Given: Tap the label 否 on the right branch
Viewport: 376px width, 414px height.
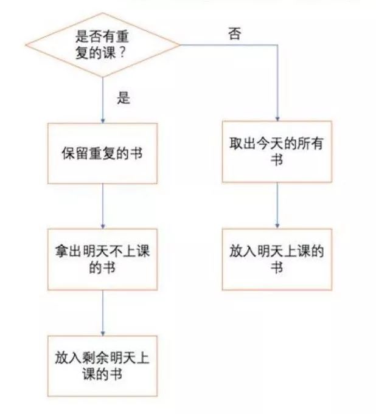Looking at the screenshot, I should [x=234, y=33].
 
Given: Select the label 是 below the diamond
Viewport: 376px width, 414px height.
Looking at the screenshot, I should [x=124, y=98].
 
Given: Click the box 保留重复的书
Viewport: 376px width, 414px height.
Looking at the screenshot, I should [x=103, y=153].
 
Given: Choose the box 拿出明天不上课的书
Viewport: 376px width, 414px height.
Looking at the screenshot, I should [x=103, y=258].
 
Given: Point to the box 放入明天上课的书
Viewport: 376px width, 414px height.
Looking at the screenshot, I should [x=277, y=259].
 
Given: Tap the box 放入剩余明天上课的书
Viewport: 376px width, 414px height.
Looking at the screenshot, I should [x=103, y=365].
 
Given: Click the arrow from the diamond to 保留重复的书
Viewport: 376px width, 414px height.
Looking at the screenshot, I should [x=103, y=100].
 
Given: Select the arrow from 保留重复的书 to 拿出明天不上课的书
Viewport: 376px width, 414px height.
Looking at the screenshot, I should [x=103, y=205].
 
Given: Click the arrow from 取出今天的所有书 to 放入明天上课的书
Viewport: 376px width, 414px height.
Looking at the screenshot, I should [x=277, y=205].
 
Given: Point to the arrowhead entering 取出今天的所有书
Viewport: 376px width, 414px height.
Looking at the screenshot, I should [x=277, y=117].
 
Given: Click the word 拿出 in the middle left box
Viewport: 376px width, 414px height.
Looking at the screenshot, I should [x=65, y=251].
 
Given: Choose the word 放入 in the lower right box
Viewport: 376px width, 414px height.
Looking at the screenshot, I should [x=240, y=252].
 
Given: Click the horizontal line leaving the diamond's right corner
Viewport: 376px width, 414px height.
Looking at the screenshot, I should [x=228, y=44].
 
